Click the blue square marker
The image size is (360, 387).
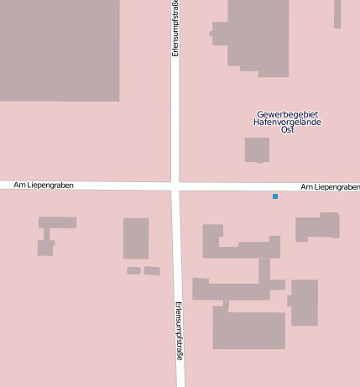click(275, 196)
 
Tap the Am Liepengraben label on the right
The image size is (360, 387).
click(330, 186)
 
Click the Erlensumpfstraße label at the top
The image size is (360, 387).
click(175, 28)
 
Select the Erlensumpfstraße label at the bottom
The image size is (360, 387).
click(179, 331)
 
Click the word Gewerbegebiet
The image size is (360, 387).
click(288, 114)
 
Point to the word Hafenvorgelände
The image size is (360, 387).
click(288, 123)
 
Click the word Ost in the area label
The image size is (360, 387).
click(288, 130)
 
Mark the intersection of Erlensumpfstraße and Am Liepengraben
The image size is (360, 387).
click(175, 185)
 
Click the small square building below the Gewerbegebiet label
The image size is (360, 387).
click(257, 149)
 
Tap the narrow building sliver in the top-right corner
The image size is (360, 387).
click(337, 13)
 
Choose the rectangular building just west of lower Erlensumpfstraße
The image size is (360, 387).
click(136, 238)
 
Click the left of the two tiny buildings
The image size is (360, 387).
click(133, 270)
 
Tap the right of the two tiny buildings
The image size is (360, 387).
click(152, 271)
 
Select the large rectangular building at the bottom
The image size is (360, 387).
click(248, 330)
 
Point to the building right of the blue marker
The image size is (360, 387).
click(318, 227)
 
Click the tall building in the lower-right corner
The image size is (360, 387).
click(304, 302)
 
